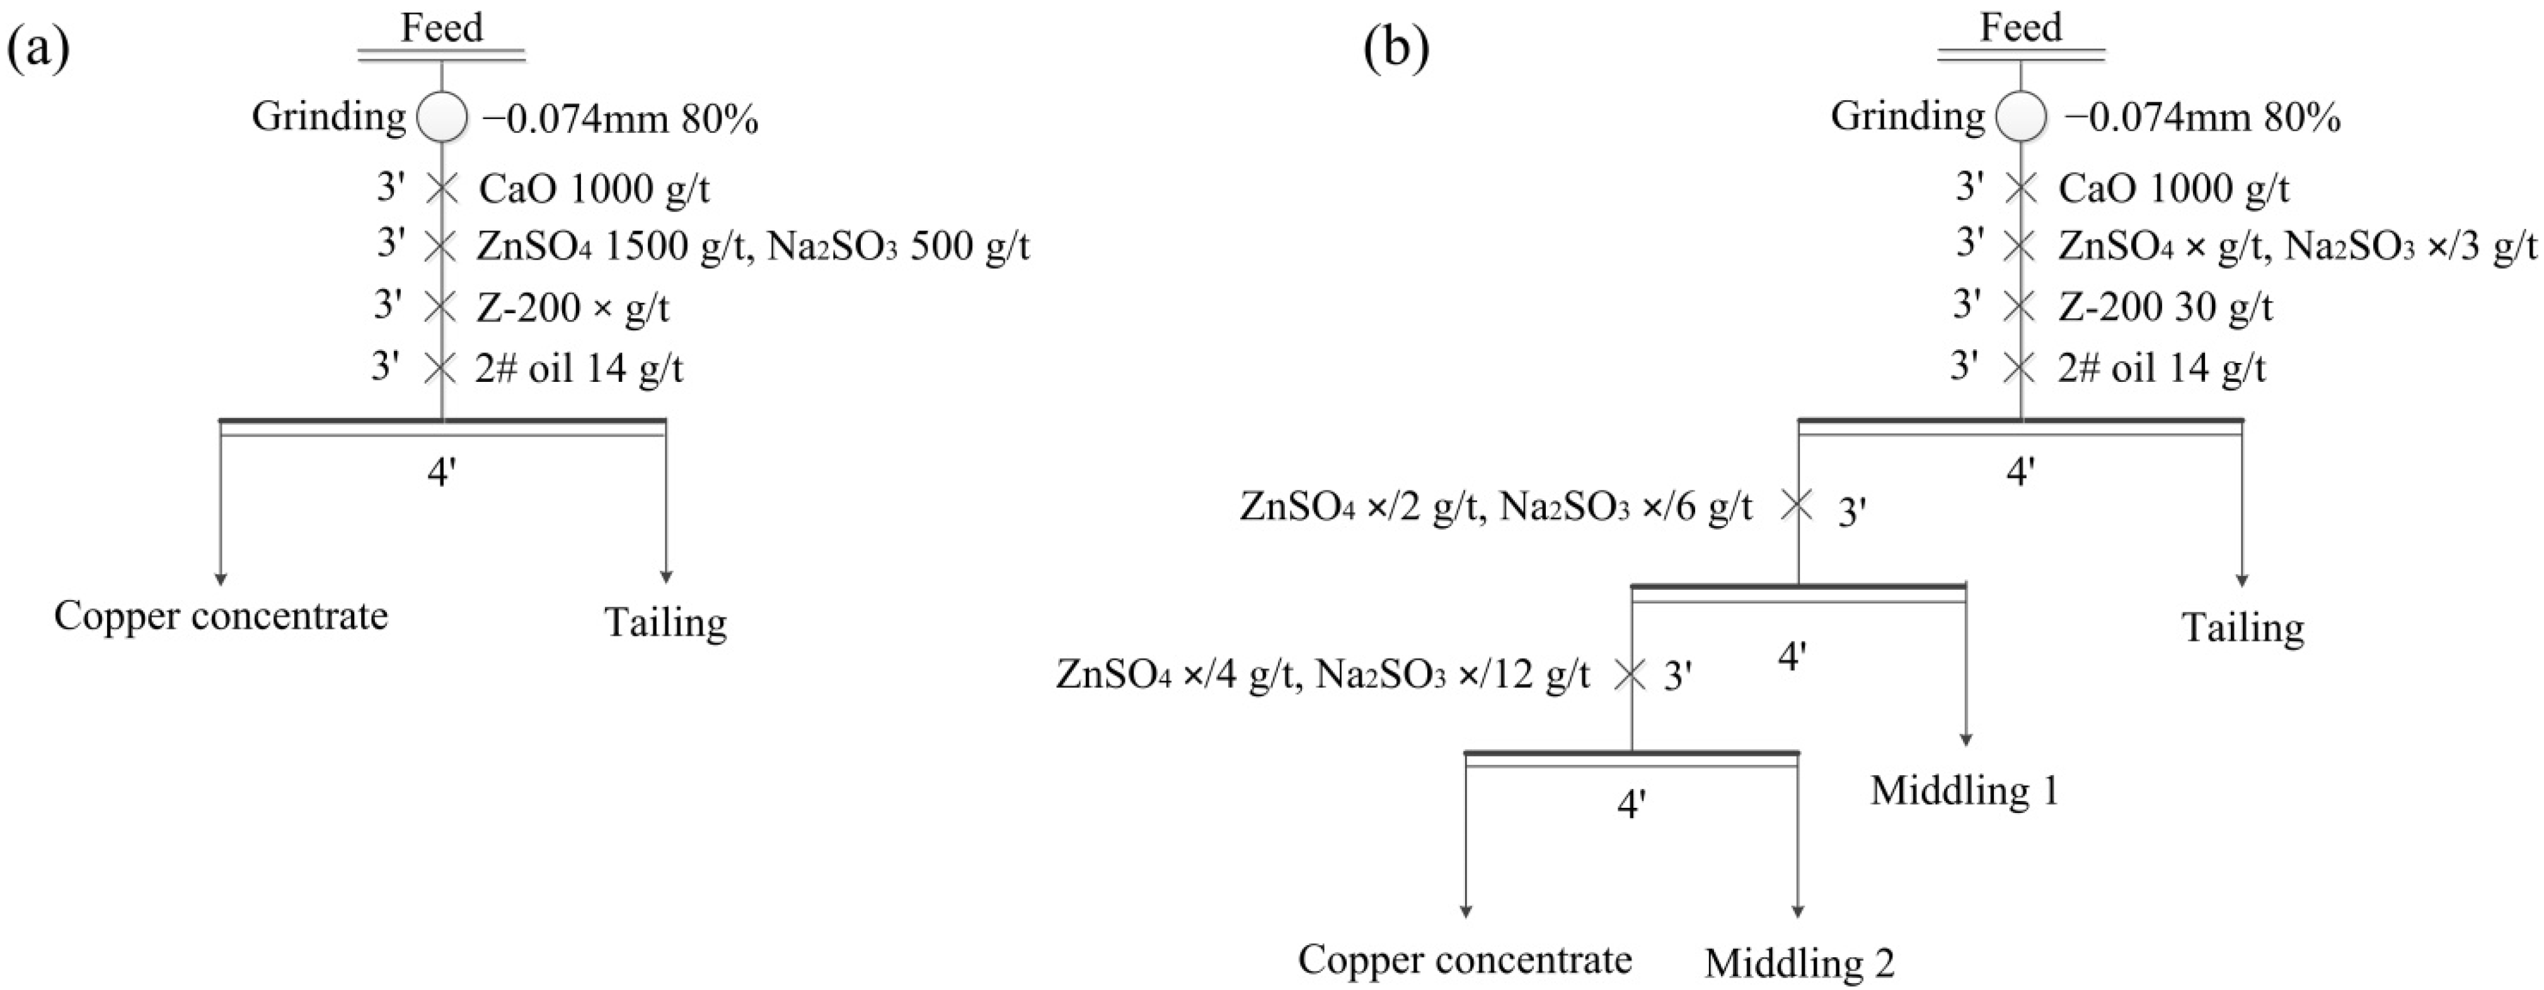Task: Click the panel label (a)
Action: click(40, 49)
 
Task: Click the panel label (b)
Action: click(1396, 49)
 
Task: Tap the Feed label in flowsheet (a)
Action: click(442, 28)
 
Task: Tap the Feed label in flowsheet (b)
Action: click(2020, 28)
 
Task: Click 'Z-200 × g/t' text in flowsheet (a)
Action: click(573, 308)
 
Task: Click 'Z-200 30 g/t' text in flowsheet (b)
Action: click(2165, 308)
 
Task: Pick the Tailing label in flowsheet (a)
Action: click(665, 623)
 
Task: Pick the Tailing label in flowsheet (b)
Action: click(2243, 628)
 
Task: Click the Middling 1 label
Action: click(1964, 790)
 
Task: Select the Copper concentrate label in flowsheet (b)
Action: click(1465, 959)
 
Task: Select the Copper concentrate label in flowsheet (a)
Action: click(221, 616)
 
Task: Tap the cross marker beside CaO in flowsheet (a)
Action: click(442, 188)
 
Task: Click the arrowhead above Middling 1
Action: click(1966, 739)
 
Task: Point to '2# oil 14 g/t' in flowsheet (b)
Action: click(2162, 369)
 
